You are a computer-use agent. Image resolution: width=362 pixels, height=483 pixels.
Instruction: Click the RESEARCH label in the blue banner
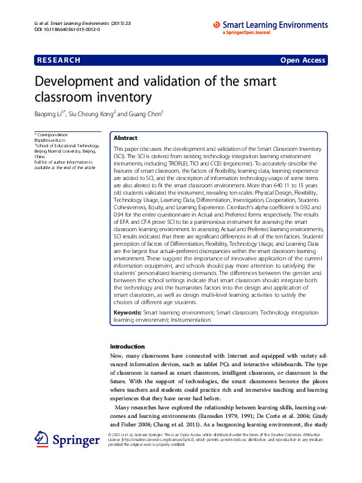58,60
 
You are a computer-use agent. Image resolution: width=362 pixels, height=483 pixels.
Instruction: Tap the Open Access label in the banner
302,60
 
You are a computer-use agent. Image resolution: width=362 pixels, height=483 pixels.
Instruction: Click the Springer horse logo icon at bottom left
41,439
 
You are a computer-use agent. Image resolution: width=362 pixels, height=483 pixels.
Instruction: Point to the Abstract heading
126,138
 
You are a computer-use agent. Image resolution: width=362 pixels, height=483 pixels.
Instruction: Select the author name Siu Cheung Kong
91,114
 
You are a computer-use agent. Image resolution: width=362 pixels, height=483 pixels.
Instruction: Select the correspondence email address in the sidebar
46,140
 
